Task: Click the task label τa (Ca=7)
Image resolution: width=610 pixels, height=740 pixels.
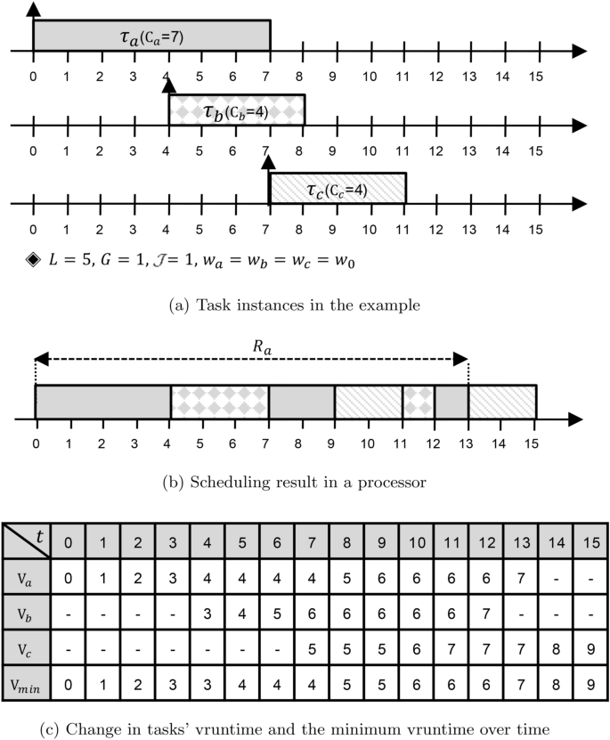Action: [151, 37]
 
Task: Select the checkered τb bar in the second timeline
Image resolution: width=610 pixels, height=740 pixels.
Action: [237, 110]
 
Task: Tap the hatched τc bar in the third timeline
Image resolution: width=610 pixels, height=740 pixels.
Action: [338, 189]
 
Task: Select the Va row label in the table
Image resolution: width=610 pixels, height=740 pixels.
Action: [26, 577]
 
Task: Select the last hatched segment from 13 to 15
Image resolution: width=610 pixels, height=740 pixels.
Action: [502, 401]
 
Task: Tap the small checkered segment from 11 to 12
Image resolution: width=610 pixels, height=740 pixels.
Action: [418, 401]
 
